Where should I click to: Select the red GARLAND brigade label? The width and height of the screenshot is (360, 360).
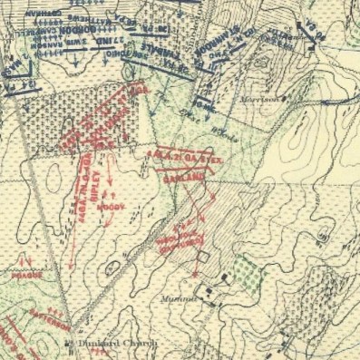click(182, 179)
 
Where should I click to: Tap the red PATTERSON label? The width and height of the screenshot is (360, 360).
click(30, 307)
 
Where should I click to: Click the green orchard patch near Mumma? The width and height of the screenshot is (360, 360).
click(245, 269)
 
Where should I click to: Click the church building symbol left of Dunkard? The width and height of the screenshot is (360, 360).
click(68, 344)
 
